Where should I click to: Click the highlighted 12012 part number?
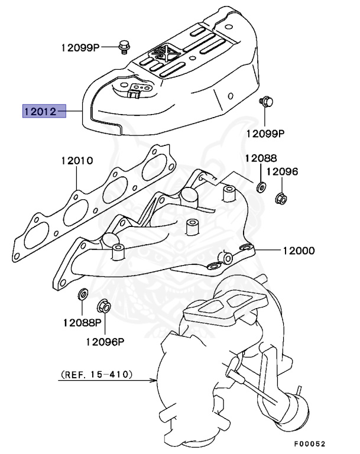point(44,111)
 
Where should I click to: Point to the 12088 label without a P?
point(261,158)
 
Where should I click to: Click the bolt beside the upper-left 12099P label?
point(124,45)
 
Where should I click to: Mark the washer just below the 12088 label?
point(261,187)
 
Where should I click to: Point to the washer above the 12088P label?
point(82,294)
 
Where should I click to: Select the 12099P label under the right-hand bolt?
point(265,134)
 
